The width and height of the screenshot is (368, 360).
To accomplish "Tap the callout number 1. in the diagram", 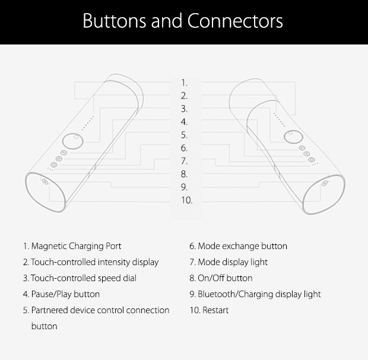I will [184, 82].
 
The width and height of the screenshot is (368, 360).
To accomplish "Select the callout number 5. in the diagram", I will [184, 135].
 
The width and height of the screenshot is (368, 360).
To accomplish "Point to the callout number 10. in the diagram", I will [186, 200].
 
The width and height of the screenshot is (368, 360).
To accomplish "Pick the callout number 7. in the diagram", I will [184, 161].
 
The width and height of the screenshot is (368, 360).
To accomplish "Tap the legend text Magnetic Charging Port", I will [76, 246].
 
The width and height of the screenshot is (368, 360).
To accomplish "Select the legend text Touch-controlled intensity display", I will [94, 262].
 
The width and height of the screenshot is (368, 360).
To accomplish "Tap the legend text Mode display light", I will [233, 262].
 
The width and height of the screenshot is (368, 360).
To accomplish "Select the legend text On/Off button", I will [225, 278].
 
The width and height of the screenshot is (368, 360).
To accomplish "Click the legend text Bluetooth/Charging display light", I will [259, 294].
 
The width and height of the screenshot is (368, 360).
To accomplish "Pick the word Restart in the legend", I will [215, 310].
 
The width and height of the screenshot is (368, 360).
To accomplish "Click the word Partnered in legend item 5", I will [49, 310].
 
